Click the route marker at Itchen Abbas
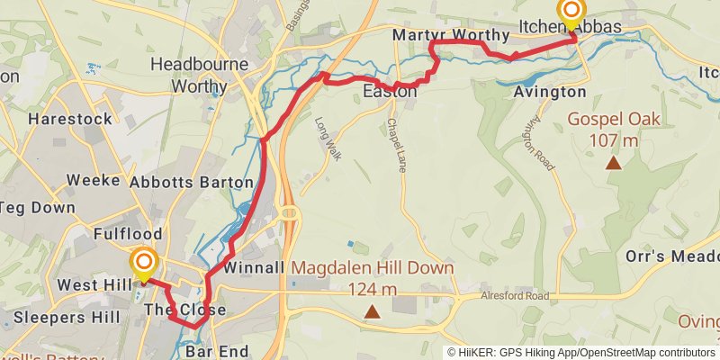pos(571,13)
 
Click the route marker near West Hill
pos(143,264)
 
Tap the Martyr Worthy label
pos(451,35)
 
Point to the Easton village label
pos(390,92)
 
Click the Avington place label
pos(549,92)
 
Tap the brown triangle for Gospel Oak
pos(614,163)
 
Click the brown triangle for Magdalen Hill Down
pos(372,312)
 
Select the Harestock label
pos(70,119)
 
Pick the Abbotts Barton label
pos(191,182)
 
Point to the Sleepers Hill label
pos(61,318)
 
